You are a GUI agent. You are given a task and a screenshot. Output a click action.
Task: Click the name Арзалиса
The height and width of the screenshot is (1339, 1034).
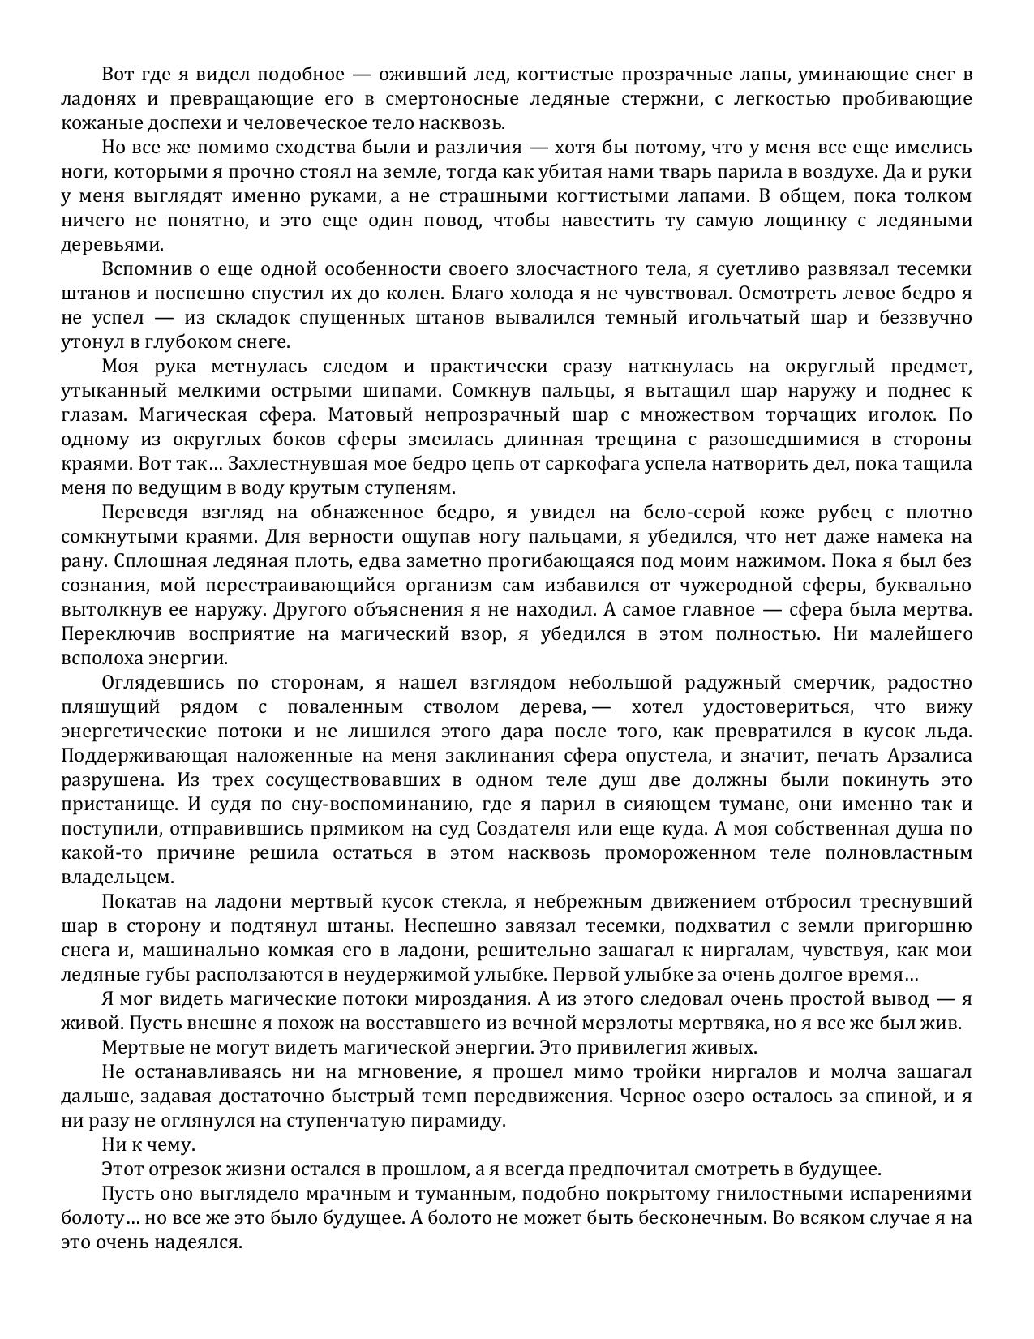click(925, 756)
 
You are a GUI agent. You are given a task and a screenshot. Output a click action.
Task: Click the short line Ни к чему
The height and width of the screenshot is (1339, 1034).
click(148, 1145)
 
